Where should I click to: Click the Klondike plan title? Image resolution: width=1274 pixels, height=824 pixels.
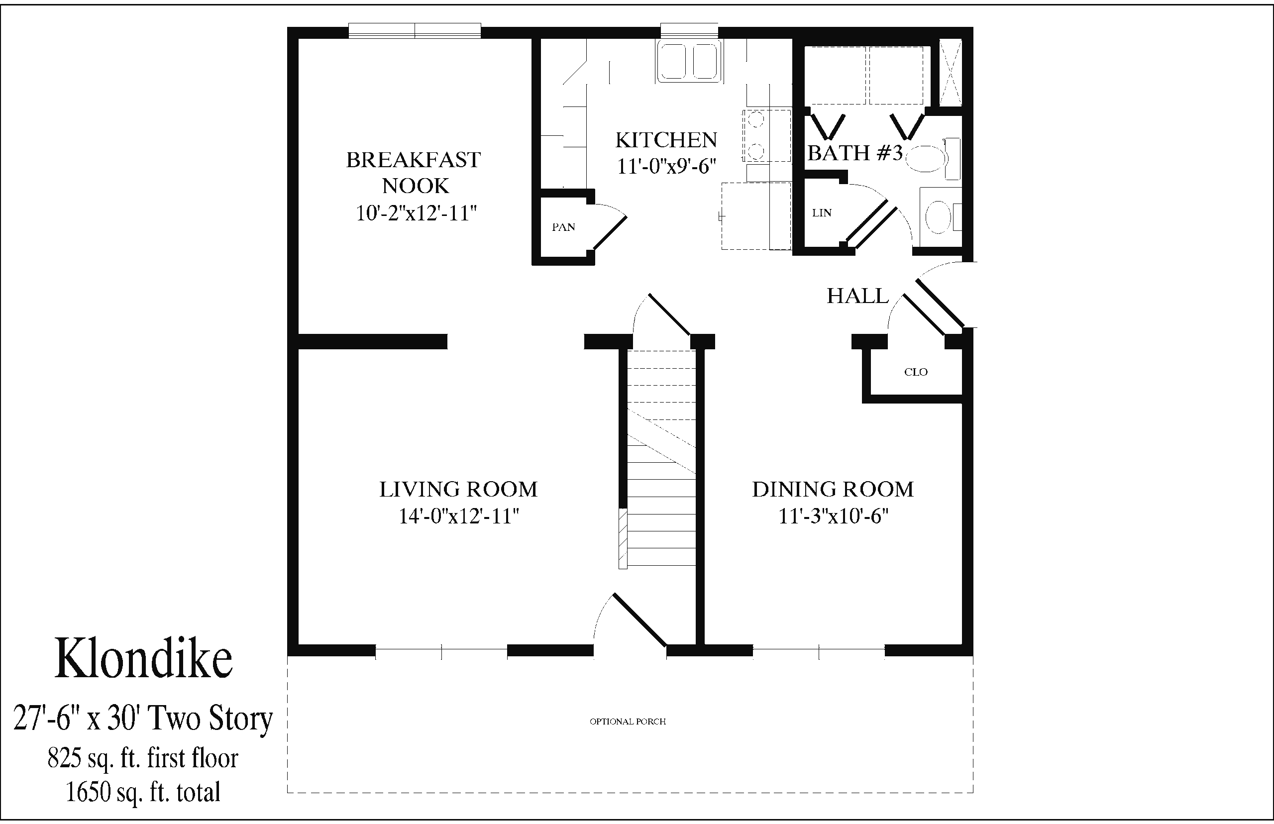coord(144,658)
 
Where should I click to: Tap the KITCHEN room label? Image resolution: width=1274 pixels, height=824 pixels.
coord(666,140)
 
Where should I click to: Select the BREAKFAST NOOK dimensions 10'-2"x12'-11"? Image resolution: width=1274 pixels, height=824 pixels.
coord(416,213)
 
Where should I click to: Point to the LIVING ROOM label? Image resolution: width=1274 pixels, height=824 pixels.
coord(458,489)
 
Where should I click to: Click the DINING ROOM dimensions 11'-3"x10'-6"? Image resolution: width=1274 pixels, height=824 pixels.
coord(833,516)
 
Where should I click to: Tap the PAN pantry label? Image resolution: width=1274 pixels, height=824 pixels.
coord(563,227)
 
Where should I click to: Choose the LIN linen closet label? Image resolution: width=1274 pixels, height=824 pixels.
coord(822,213)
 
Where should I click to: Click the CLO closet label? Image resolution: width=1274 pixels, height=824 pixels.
coord(916,372)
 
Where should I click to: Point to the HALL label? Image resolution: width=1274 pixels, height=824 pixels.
coord(858,296)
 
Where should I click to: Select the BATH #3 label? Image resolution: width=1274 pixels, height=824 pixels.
coord(855,153)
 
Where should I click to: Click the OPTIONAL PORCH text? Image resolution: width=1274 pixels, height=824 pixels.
coord(628,721)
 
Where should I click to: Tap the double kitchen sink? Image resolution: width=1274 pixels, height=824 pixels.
coord(690,61)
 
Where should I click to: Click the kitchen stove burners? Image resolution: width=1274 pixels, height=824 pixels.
coord(755,135)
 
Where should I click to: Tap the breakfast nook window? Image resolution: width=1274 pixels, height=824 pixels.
coord(415,30)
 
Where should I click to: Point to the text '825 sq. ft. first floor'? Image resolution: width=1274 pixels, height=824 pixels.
coord(143,758)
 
